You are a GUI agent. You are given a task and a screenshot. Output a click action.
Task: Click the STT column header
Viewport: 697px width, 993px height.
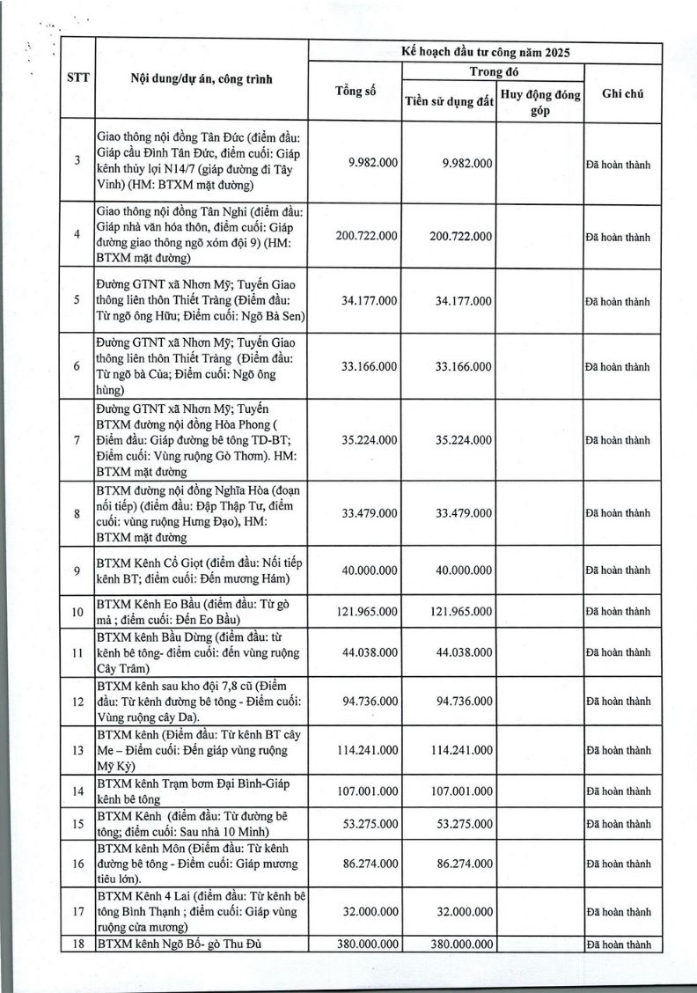pos(76,78)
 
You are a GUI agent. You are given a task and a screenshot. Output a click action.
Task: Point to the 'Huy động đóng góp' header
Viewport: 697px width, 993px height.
pos(540,101)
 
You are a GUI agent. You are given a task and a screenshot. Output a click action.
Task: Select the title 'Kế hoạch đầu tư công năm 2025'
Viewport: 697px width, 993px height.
pos(485,52)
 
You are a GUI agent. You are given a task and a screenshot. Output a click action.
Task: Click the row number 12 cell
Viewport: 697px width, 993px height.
pos(77,702)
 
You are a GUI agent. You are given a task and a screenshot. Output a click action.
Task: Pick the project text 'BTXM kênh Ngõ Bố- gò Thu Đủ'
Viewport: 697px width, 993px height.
pos(177,944)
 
